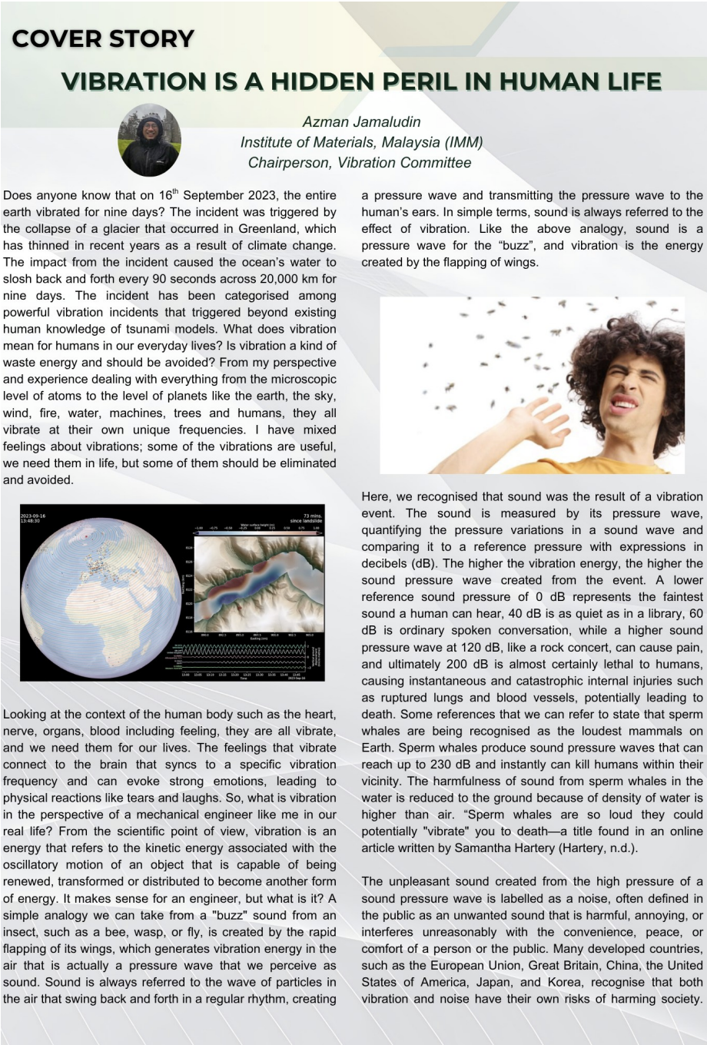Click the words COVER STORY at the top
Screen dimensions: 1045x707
tap(103, 38)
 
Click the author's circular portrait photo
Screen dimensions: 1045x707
tap(149, 140)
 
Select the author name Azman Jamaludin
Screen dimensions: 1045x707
tap(361, 122)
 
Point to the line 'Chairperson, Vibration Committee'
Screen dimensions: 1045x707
tap(360, 162)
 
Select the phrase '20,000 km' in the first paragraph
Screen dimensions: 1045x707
tap(273, 279)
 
